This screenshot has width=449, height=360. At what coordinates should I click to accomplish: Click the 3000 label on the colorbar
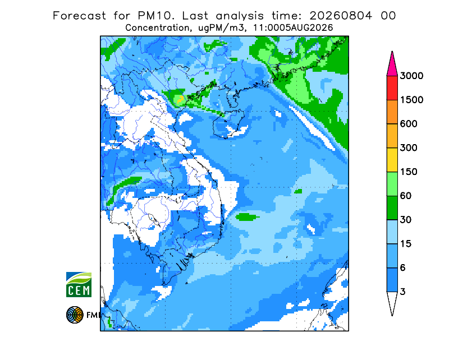point(411,76)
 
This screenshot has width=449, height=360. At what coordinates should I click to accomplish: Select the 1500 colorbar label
point(411,100)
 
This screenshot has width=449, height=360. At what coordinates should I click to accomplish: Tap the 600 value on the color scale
point(409,124)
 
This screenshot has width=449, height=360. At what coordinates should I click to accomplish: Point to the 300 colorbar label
point(409,148)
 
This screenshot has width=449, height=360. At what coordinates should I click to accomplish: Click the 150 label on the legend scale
point(409,172)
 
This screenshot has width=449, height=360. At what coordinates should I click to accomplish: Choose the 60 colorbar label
point(406,196)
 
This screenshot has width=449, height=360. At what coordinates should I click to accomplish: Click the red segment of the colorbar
point(392,88)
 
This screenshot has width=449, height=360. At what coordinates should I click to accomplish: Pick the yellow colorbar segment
point(392,160)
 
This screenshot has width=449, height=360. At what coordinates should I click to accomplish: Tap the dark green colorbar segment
point(392,208)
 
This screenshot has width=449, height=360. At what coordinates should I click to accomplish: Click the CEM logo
point(79,284)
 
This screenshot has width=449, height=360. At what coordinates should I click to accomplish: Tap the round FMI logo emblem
point(75,315)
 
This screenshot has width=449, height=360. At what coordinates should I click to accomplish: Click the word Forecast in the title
point(79,16)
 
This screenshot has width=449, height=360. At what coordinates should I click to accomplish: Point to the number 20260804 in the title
point(341,16)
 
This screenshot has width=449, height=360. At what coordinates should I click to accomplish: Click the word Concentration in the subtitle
point(158,28)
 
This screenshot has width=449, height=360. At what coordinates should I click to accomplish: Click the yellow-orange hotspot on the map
point(180,99)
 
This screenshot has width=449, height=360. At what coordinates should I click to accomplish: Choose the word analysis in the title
point(240,16)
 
